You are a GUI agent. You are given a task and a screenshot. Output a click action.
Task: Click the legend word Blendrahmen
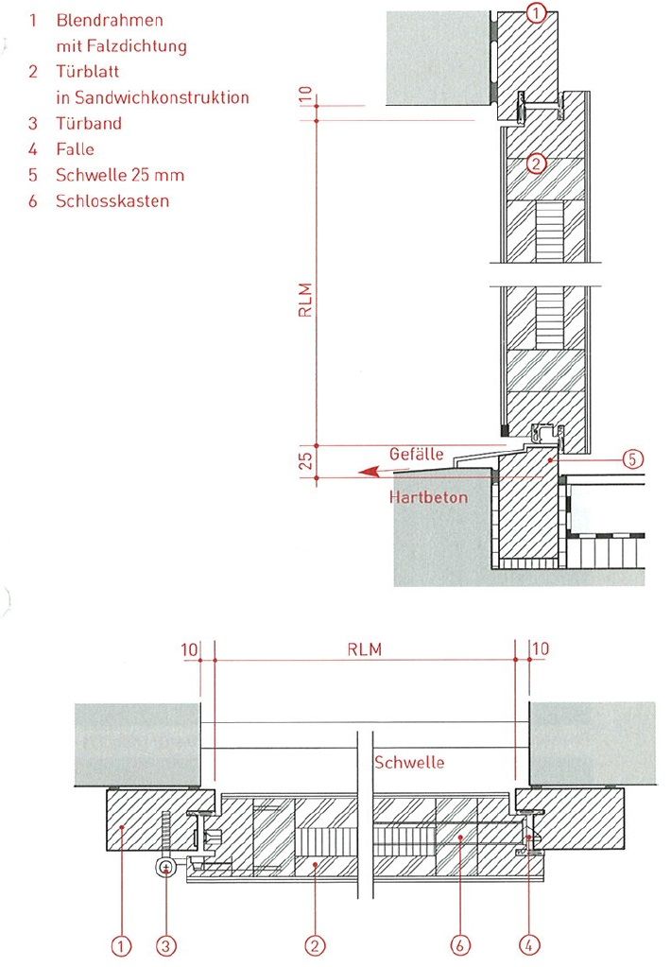click(110, 20)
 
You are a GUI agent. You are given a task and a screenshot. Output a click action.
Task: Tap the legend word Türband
click(89, 123)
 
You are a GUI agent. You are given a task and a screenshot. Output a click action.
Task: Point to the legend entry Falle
click(75, 148)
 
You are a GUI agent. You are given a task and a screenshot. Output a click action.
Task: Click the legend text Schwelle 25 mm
click(119, 175)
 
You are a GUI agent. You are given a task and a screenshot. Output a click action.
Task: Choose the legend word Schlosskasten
click(112, 200)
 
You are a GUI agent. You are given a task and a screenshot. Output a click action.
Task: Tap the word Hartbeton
click(428, 496)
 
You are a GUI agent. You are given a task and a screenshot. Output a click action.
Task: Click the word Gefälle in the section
click(416, 454)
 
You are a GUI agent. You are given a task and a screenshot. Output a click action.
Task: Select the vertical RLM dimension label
click(304, 300)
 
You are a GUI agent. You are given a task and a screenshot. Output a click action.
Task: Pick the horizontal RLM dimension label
click(365, 650)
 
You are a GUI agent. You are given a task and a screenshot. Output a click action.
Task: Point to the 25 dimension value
click(304, 461)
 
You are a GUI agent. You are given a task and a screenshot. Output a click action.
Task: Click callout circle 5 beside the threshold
click(633, 458)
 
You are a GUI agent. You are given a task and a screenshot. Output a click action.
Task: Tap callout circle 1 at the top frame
click(535, 12)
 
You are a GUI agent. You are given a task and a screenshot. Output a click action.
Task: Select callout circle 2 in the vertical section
click(535, 164)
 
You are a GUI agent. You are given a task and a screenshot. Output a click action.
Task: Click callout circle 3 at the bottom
click(166, 942)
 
